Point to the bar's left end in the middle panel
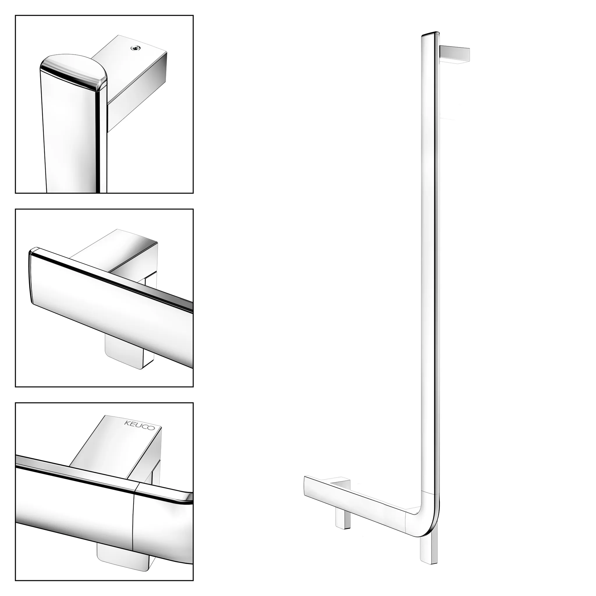click(x=31, y=278)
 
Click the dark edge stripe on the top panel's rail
click(x=101, y=139)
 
